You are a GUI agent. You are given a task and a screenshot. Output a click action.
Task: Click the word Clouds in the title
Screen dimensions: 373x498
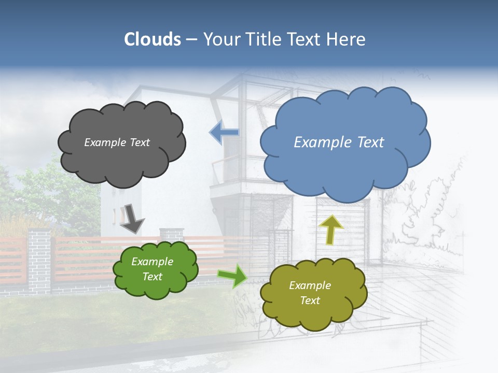tap(153, 39)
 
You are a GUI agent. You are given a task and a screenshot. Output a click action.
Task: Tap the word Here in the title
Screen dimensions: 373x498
tap(346, 39)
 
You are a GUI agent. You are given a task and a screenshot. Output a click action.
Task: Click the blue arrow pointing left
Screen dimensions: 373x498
tap(225, 133)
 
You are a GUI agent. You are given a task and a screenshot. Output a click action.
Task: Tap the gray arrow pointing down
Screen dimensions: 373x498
tap(131, 218)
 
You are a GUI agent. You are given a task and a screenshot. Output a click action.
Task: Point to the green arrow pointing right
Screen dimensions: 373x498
tap(232, 276)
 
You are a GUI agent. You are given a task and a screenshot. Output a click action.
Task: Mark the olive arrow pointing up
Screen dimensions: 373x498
tap(331, 229)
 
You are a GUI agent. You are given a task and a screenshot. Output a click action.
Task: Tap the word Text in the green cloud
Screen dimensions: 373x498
tap(153, 277)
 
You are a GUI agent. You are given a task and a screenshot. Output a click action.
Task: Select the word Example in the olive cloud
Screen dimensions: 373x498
tap(310, 285)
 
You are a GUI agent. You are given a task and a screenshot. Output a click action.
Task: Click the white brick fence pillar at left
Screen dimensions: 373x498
tap(39, 259)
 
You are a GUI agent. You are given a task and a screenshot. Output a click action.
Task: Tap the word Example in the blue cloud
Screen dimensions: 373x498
tap(323, 142)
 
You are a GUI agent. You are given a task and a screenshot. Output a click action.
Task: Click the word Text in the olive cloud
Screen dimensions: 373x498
tap(310, 300)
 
